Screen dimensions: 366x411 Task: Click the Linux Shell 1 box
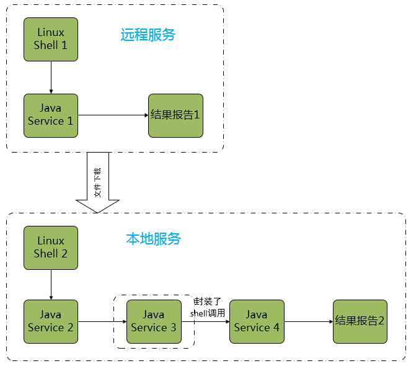click(x=51, y=39)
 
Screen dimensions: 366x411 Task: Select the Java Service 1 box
click(x=51, y=115)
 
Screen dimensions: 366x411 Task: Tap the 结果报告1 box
click(x=175, y=115)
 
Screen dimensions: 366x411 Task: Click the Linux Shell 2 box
click(x=51, y=248)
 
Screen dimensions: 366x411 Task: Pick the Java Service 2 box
click(x=51, y=321)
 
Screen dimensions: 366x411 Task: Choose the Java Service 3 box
click(x=154, y=321)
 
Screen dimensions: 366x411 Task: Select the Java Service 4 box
click(x=257, y=321)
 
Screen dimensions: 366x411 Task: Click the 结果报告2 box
click(x=360, y=321)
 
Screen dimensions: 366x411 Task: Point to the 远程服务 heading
click(x=148, y=35)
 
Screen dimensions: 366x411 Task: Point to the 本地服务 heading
click(x=153, y=238)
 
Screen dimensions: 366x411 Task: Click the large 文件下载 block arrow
click(x=97, y=183)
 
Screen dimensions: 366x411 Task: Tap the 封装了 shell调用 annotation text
click(x=208, y=307)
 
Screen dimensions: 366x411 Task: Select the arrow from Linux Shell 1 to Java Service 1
click(x=51, y=78)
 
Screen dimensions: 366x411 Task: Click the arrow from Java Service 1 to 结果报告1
click(x=113, y=115)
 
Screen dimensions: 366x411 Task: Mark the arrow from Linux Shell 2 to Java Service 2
click(x=51, y=285)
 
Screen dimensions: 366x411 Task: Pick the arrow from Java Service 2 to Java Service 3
click(x=102, y=322)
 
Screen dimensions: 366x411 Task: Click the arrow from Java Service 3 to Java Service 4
click(x=205, y=322)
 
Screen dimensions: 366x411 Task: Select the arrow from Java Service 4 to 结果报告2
click(x=308, y=322)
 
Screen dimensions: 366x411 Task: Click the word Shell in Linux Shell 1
click(x=46, y=45)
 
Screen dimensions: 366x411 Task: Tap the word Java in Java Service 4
click(x=257, y=315)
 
